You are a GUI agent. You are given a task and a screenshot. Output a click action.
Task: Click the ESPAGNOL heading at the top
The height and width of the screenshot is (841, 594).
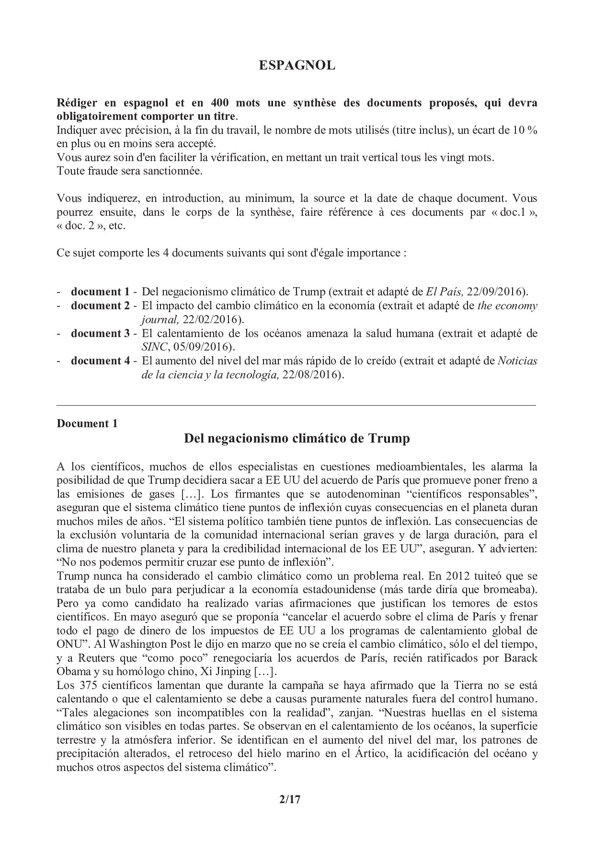(297, 66)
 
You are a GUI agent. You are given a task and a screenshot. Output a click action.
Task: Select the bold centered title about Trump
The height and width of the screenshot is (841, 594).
(297, 438)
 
